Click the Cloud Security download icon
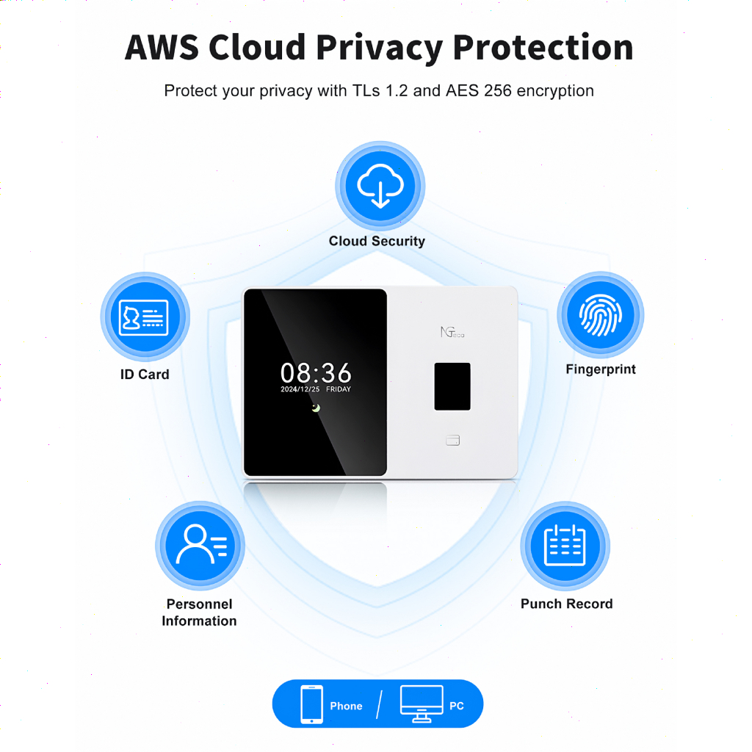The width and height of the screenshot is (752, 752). tap(380, 186)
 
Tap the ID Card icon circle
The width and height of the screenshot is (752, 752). tap(145, 317)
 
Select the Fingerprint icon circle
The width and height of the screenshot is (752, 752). tap(601, 315)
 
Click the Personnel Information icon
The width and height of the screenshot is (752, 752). tap(200, 546)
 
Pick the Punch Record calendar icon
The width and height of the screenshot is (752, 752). tap(565, 546)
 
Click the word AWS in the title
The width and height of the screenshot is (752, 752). tap(162, 48)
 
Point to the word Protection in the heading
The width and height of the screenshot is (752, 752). tap(543, 48)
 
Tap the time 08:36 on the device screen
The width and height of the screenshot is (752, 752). tap(316, 372)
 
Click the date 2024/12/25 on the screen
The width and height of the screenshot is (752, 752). tap(300, 389)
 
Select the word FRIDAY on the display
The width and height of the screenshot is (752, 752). tap(339, 389)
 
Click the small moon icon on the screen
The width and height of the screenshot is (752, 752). tap(316, 408)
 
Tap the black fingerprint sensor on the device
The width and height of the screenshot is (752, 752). tap(452, 386)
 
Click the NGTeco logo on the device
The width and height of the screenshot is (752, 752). tap(452, 332)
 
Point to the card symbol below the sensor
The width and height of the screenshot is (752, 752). tap(452, 441)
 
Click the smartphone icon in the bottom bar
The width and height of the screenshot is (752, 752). tap(311, 704)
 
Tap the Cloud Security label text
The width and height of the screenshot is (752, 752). tap(377, 241)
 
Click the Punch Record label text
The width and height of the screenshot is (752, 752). tap(567, 604)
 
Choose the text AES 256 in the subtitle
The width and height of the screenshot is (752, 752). tap(479, 90)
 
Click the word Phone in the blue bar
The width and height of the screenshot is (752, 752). tap(347, 706)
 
